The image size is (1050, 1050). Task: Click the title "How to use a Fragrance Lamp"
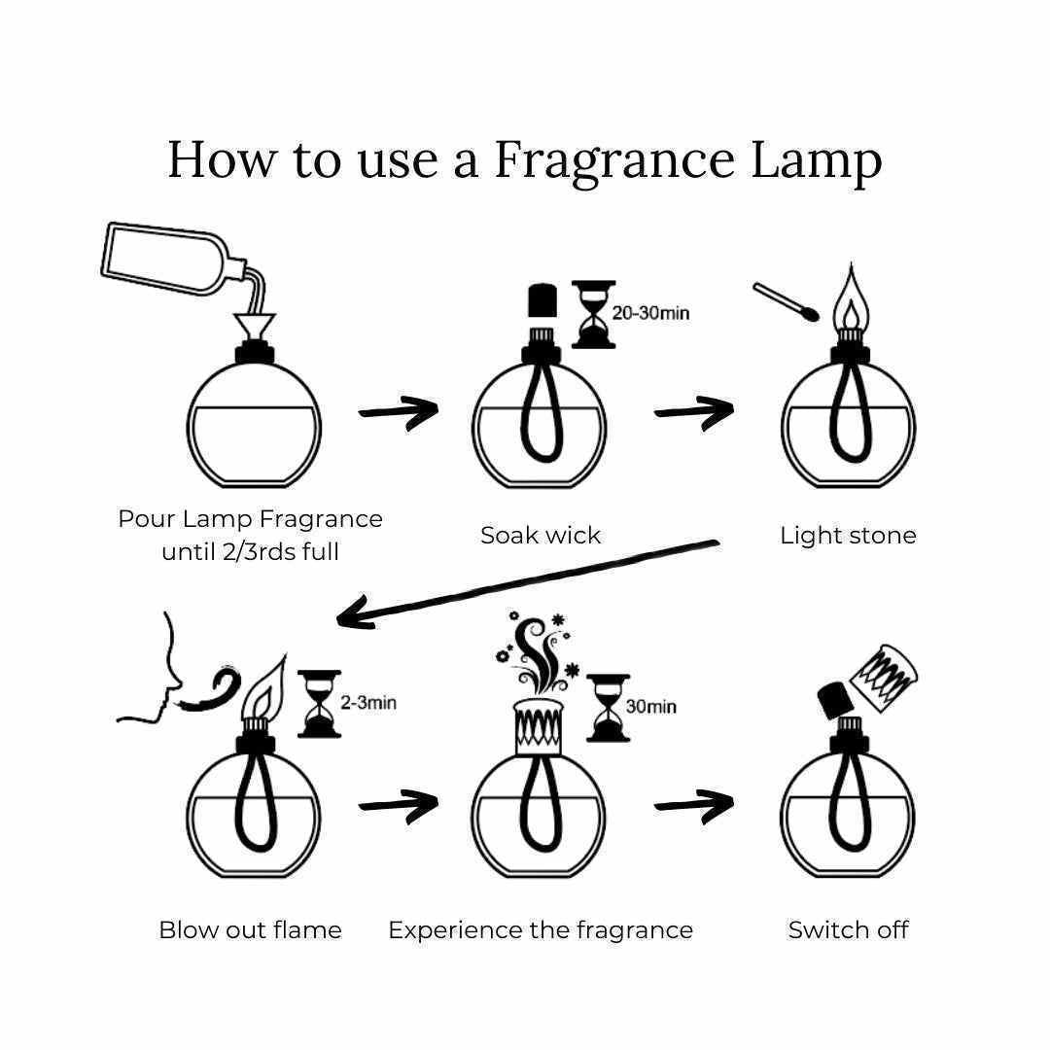click(x=525, y=160)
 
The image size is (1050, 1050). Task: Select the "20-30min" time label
click(x=650, y=314)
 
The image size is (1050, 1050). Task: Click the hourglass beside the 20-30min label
click(x=593, y=314)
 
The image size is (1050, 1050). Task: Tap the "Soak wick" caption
click(x=541, y=535)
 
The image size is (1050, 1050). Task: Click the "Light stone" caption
click(x=848, y=535)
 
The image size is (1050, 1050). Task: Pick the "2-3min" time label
click(x=368, y=703)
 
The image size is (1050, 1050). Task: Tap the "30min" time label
click(x=650, y=707)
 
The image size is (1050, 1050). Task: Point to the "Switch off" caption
click(x=848, y=930)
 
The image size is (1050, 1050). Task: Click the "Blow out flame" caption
click(x=250, y=930)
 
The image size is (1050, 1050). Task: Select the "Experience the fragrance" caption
click(x=541, y=930)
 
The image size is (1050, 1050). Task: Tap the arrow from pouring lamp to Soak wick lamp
click(x=399, y=411)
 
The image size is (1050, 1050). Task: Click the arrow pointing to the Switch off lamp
click(x=694, y=803)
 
